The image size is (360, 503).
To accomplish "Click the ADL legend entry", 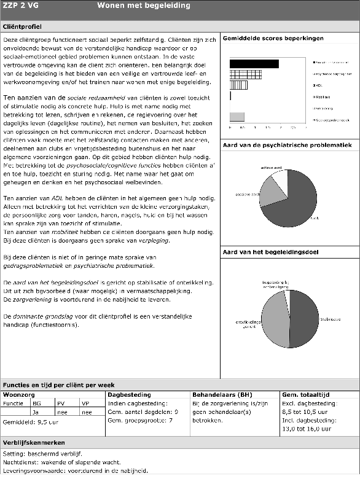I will click(318, 85).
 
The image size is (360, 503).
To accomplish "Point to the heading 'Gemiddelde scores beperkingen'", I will click(273, 39).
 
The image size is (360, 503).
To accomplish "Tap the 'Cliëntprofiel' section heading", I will click(22, 28).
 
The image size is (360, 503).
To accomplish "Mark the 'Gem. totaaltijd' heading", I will click(306, 394).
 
